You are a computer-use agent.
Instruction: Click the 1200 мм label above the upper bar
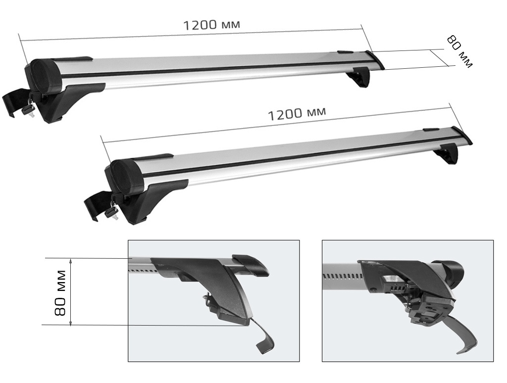click(215, 23)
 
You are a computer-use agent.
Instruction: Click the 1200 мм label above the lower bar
click(297, 113)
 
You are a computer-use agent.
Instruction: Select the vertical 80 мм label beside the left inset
click(60, 293)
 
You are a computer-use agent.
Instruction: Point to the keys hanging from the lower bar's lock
click(110, 210)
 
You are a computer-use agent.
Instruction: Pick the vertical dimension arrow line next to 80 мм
click(71, 292)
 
